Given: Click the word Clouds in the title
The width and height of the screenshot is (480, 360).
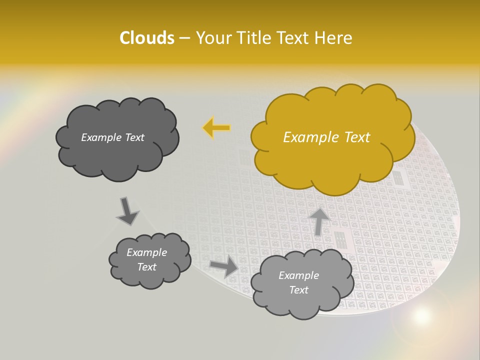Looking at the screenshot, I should [147, 38].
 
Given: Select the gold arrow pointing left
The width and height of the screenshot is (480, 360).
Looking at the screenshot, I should [216, 128].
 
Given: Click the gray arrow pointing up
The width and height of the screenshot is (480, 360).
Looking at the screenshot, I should [319, 221].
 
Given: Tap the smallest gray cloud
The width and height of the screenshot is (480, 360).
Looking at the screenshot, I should [149, 260].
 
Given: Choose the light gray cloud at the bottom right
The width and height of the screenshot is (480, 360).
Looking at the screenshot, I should [301, 283].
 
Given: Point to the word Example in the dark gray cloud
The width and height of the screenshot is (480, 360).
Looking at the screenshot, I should [100, 137].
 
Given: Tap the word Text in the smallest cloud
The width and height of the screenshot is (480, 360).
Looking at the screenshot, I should [146, 267].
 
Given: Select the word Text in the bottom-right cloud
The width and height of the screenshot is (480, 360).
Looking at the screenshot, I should [298, 290].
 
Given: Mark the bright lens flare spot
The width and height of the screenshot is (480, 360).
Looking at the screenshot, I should [422, 315].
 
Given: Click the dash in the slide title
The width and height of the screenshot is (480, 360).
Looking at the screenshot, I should [184, 38].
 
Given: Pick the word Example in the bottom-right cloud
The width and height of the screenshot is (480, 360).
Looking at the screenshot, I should [298, 275].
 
